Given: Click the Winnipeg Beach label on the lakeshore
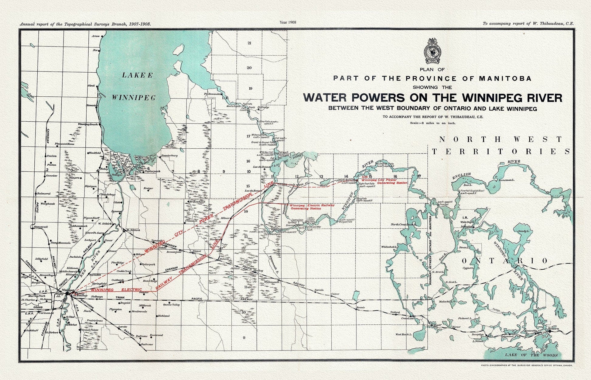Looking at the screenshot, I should (88, 124).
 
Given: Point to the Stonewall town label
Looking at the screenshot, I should (41, 227).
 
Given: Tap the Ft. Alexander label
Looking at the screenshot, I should (213, 94).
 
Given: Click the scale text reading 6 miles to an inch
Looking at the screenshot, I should (432, 123).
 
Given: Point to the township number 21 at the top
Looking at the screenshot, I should (249, 43).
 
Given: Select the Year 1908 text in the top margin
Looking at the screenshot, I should (288, 22).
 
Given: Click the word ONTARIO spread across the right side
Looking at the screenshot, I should (505, 261).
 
